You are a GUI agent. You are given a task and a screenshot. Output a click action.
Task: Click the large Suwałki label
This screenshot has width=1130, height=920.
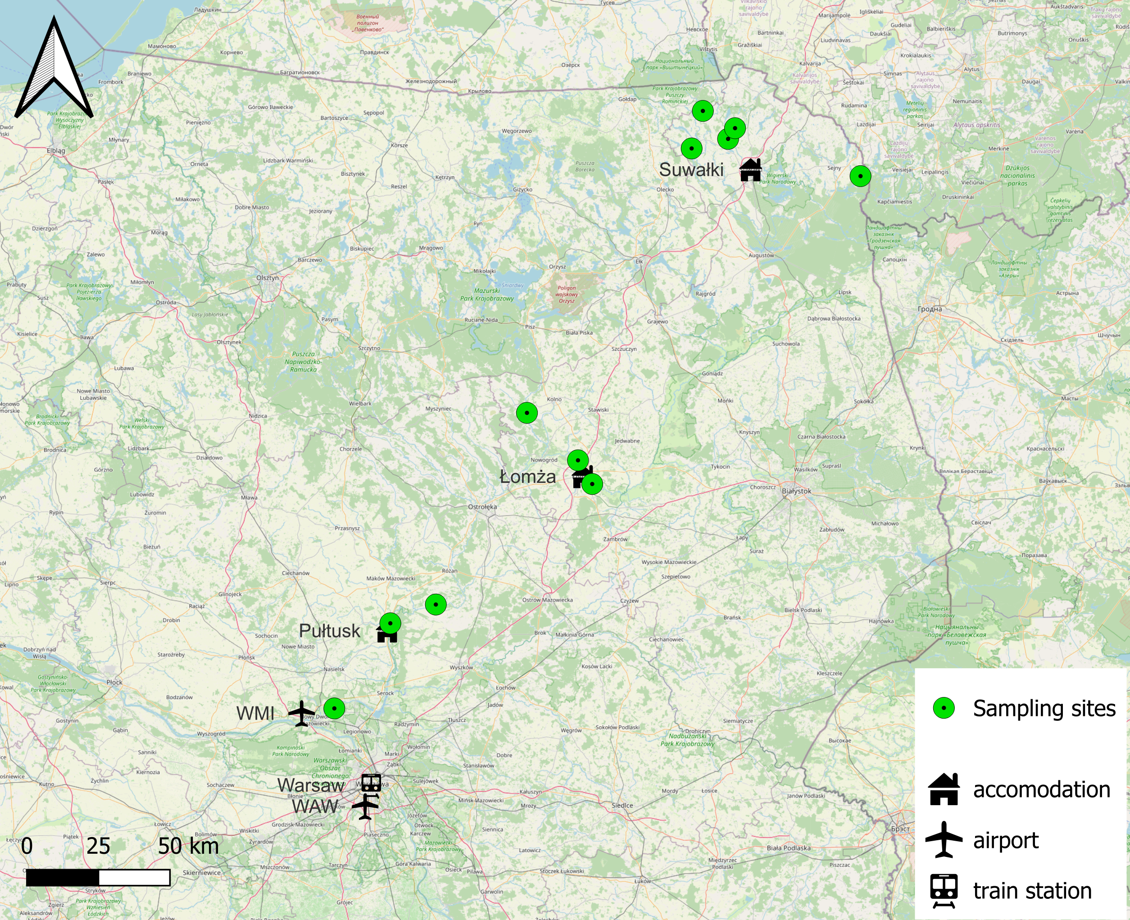click(691, 169)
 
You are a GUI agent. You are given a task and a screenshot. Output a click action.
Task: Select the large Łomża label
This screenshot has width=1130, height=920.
click(528, 477)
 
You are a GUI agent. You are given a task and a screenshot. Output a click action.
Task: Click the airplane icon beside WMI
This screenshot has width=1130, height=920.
click(301, 713)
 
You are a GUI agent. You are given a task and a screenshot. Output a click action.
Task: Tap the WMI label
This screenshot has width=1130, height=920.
click(255, 714)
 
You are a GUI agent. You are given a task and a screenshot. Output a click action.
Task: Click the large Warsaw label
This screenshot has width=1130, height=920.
click(311, 785)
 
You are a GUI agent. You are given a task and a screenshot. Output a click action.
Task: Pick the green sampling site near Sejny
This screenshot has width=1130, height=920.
click(860, 176)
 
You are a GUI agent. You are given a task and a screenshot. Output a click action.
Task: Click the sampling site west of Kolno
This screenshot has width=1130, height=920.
click(526, 413)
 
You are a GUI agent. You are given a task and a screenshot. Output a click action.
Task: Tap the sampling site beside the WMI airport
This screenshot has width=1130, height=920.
click(334, 708)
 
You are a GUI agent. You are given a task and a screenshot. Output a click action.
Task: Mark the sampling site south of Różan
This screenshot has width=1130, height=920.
click(436, 604)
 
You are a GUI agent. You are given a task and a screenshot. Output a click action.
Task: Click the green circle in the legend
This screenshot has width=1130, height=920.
click(944, 708)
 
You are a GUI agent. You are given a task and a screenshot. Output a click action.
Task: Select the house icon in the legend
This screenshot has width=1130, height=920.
click(944, 789)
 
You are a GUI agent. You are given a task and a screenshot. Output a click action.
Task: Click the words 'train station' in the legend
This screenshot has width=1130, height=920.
click(1032, 891)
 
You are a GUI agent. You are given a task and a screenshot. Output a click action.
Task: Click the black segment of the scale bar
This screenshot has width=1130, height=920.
click(63, 878)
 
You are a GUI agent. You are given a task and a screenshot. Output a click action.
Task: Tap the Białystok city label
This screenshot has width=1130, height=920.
click(796, 491)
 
